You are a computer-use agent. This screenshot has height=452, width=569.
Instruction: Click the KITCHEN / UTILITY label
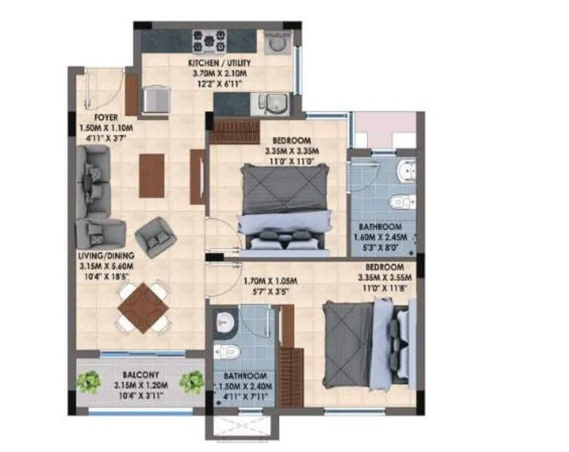coord(220,63)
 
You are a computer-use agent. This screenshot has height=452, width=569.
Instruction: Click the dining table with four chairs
coord(144,307)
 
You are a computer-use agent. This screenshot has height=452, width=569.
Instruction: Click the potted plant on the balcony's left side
coord(89,381)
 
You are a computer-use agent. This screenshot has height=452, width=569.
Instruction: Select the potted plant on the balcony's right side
coord(191,381)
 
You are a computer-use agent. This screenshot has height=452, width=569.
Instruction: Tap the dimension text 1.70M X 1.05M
coord(269,281)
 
